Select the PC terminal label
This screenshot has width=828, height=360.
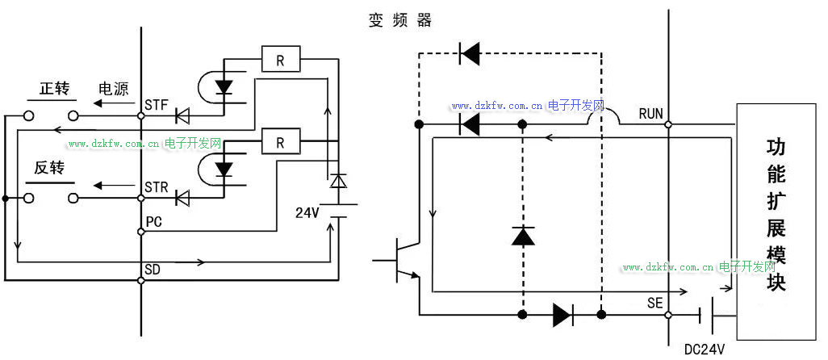(x=154, y=221)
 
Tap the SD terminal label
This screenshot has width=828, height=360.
(x=153, y=268)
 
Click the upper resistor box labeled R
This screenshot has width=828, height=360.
(x=280, y=60)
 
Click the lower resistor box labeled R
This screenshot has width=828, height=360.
(x=280, y=143)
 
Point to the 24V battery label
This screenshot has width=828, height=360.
(x=307, y=213)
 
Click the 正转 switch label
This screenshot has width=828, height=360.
(x=55, y=89)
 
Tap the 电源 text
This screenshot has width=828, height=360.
(x=113, y=89)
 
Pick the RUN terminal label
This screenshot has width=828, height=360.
(x=650, y=114)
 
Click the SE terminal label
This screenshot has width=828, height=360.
(x=654, y=303)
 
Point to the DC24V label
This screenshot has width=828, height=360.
(x=705, y=350)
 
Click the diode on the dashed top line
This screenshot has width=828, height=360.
(x=469, y=54)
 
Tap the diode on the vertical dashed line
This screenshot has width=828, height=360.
(x=523, y=236)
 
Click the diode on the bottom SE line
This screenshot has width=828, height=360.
(x=563, y=315)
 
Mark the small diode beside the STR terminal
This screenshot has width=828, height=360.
(x=183, y=197)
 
